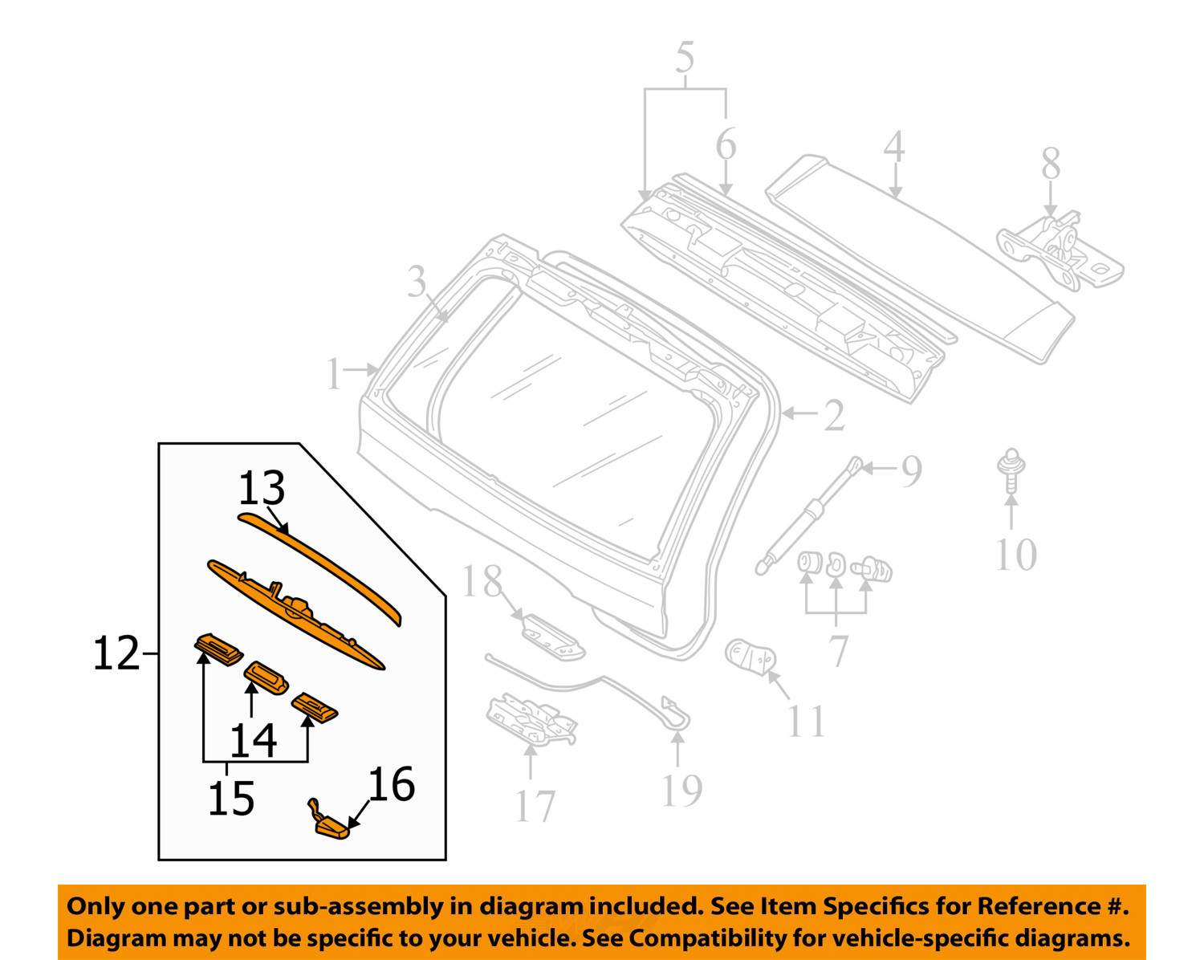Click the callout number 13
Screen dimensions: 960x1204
[262, 488]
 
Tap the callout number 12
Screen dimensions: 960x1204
[116, 654]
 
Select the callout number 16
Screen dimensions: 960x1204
[391, 784]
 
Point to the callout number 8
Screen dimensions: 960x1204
[1051, 164]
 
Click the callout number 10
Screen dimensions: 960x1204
[1015, 555]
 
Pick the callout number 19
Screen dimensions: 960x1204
[681, 790]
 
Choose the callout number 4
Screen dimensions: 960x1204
[894, 148]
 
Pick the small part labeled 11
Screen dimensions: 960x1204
[750, 657]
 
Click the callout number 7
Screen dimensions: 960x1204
[838, 650]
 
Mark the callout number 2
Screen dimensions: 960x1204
[834, 415]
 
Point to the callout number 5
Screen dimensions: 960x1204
[685, 58]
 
